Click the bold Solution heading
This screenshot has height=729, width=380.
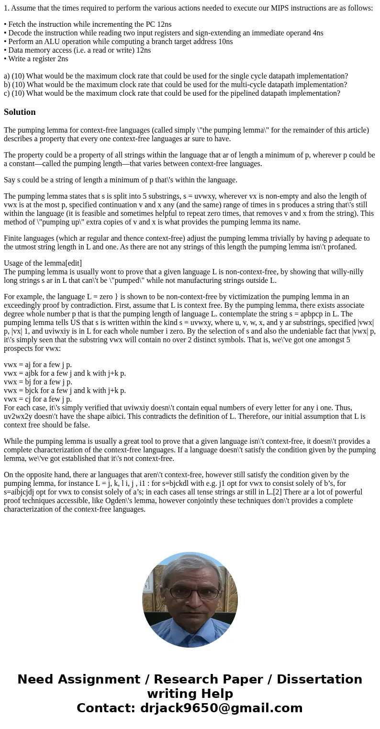20,112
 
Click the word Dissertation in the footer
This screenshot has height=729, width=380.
319,679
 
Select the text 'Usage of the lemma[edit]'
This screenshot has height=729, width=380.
43,263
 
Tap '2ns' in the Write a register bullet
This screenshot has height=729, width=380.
61,59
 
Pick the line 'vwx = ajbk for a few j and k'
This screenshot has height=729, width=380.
65,373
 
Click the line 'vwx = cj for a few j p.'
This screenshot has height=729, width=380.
38,399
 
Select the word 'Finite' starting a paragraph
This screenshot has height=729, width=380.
14,238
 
